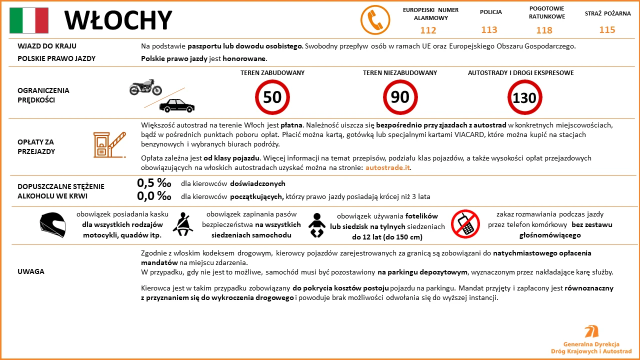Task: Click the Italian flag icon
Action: pyautogui.click(x=29, y=20)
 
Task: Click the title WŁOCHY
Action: pyautogui.click(x=118, y=20)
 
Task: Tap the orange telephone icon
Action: pyautogui.click(x=375, y=20)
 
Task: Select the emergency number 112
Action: pyautogui.click(x=428, y=30)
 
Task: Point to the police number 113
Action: pyautogui.click(x=489, y=30)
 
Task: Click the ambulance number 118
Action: pyautogui.click(x=544, y=30)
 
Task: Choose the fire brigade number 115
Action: pyautogui.click(x=607, y=30)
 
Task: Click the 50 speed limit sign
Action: pyautogui.click(x=272, y=97)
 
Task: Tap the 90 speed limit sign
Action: pyautogui.click(x=400, y=97)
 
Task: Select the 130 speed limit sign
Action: pyautogui.click(x=524, y=97)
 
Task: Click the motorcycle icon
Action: pyautogui.click(x=145, y=87)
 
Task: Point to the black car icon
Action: pyautogui.click(x=176, y=105)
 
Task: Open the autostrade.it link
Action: pyautogui.click(x=388, y=168)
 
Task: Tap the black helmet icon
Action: pyautogui.click(x=53, y=224)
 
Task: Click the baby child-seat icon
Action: pyautogui.click(x=316, y=225)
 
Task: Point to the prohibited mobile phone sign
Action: pyautogui.click(x=465, y=223)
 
